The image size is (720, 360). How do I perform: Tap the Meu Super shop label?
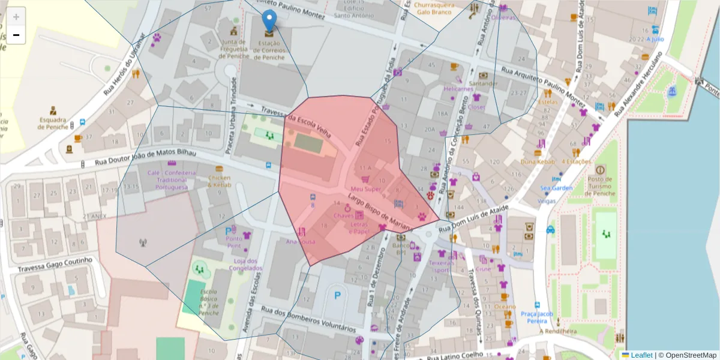click(366, 189)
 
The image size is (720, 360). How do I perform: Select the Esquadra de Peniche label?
click(53, 122)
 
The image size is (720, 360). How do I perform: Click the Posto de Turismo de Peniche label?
click(601, 186)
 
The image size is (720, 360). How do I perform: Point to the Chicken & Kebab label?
click(219, 181)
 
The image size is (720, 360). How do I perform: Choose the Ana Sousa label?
click(301, 242)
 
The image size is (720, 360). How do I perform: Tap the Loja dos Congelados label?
click(245, 265)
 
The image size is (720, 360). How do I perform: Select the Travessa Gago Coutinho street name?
click(55, 265)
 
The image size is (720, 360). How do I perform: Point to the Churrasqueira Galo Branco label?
click(434, 8)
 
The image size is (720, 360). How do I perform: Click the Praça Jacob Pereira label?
click(536, 317)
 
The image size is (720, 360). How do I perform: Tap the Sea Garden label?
click(556, 188)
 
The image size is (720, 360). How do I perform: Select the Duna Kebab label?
click(536, 161)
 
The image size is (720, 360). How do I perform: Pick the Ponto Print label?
click(234, 242)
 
